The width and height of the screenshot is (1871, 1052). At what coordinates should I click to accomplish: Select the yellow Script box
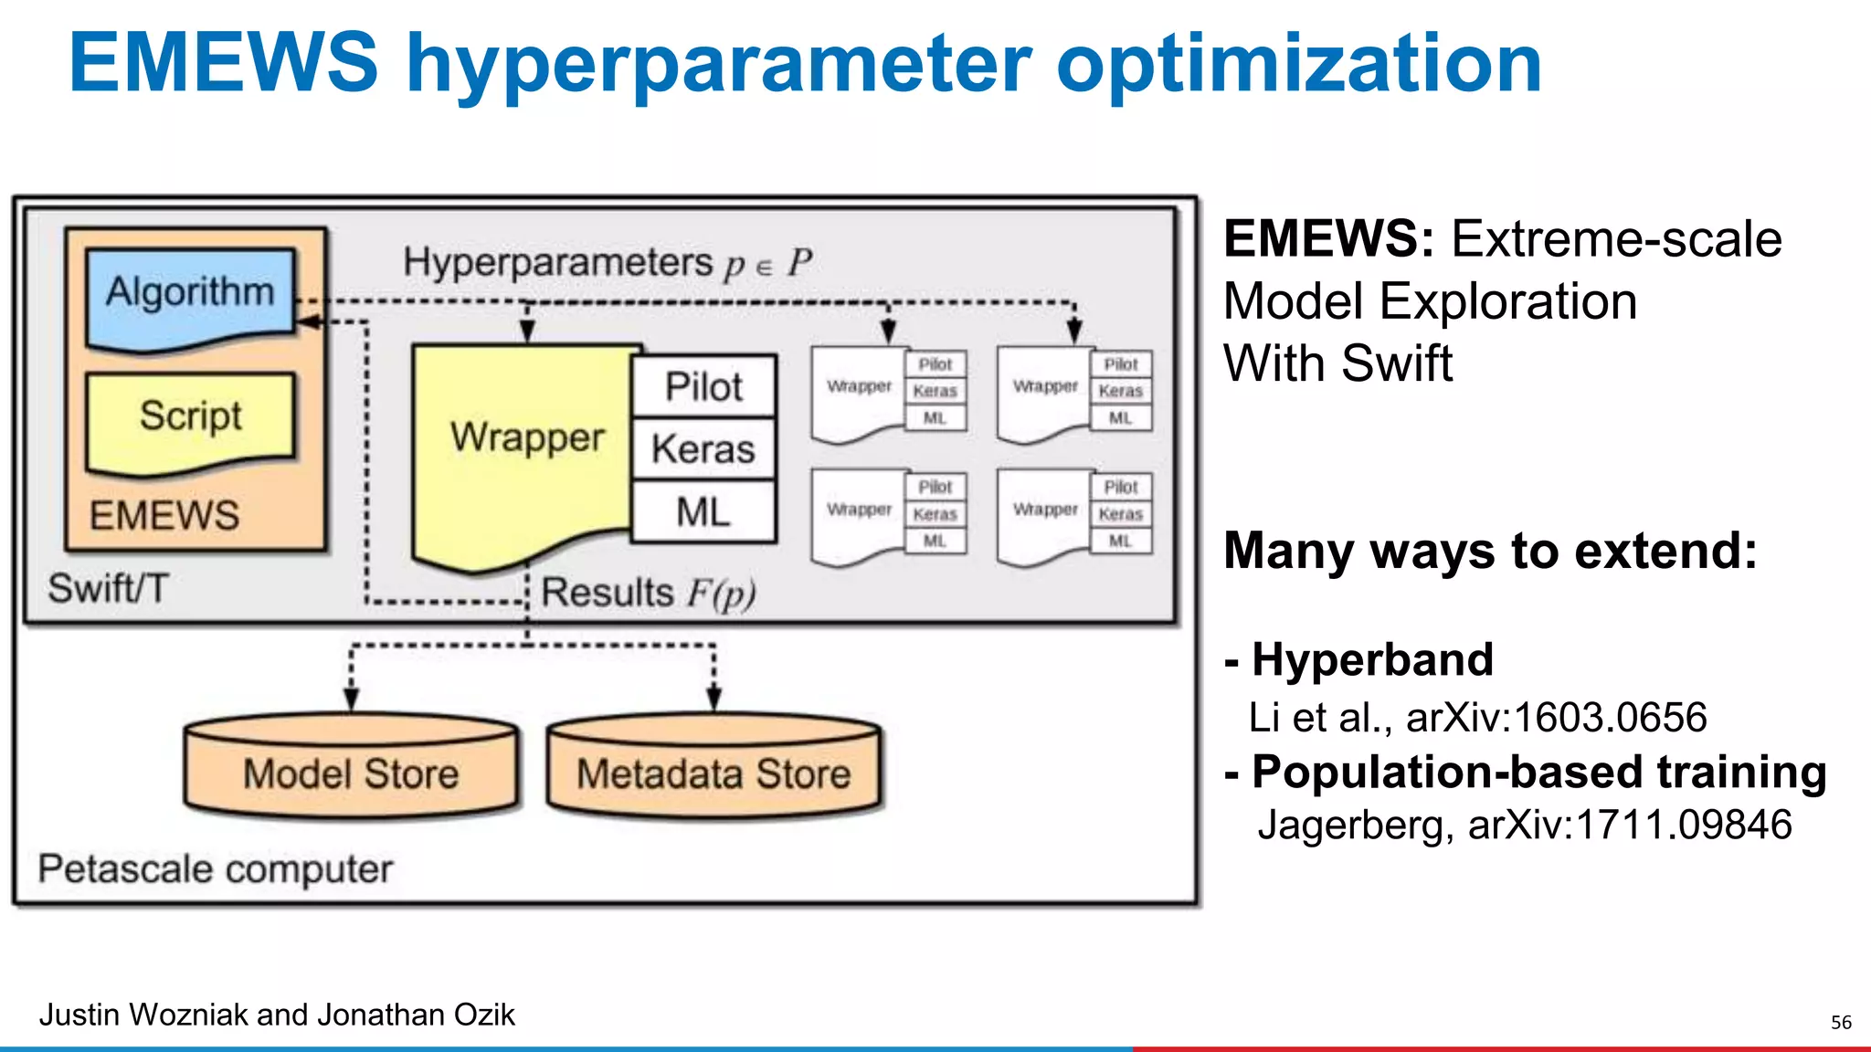[x=190, y=416]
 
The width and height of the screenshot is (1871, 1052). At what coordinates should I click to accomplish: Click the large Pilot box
[x=703, y=386]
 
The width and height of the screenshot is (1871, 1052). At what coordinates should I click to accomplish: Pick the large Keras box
[x=703, y=449]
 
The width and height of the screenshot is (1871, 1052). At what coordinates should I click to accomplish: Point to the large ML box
[x=703, y=512]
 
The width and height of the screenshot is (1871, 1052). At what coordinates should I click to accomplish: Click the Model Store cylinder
[x=351, y=773]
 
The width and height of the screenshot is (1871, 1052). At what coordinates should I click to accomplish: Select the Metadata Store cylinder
[x=714, y=773]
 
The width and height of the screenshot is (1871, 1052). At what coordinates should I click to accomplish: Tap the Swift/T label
[x=108, y=588]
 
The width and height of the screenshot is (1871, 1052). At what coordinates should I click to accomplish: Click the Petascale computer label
[x=216, y=868]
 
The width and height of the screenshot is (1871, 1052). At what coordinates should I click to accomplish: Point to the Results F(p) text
[x=649, y=593]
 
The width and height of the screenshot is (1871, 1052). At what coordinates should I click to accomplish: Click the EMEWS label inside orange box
[x=164, y=516]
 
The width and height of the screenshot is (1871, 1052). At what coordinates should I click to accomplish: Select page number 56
[x=1841, y=1022]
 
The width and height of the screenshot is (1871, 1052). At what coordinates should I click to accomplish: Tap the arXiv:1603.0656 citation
[x=1556, y=718]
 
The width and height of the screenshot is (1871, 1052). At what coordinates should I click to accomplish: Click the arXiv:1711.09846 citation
[x=1629, y=825]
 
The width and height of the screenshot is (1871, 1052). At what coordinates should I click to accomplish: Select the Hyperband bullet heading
[x=1372, y=659]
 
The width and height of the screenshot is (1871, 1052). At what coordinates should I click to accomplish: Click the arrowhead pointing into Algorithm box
[x=309, y=321]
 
